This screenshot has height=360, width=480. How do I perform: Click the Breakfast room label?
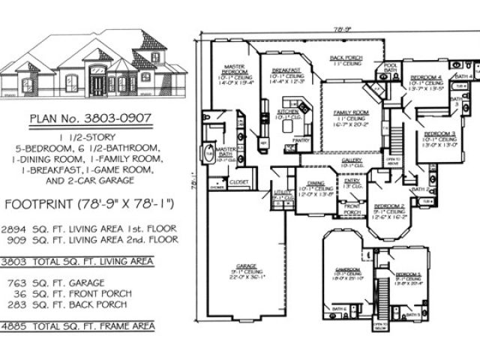286,70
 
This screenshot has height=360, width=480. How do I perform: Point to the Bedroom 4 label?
424,78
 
